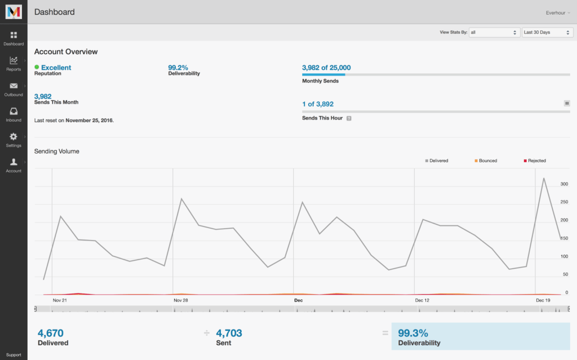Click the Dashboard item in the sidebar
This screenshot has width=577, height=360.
[14, 38]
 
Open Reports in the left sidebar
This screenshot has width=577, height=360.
[14, 63]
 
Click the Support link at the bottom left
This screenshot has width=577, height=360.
[14, 355]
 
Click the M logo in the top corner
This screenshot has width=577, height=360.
[14, 12]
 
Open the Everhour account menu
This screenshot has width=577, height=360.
[558, 12]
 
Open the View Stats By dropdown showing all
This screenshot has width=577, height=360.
[494, 33]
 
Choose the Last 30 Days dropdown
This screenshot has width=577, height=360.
[547, 33]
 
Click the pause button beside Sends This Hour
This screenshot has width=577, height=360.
[567, 103]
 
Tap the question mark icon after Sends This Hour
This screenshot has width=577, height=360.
[349, 118]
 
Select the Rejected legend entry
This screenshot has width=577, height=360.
[535, 161]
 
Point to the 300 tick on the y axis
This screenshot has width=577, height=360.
[563, 184]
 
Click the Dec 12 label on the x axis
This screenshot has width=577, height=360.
[422, 300]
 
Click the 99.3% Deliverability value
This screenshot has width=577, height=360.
[413, 333]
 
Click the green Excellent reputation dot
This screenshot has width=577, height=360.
[37, 67]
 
